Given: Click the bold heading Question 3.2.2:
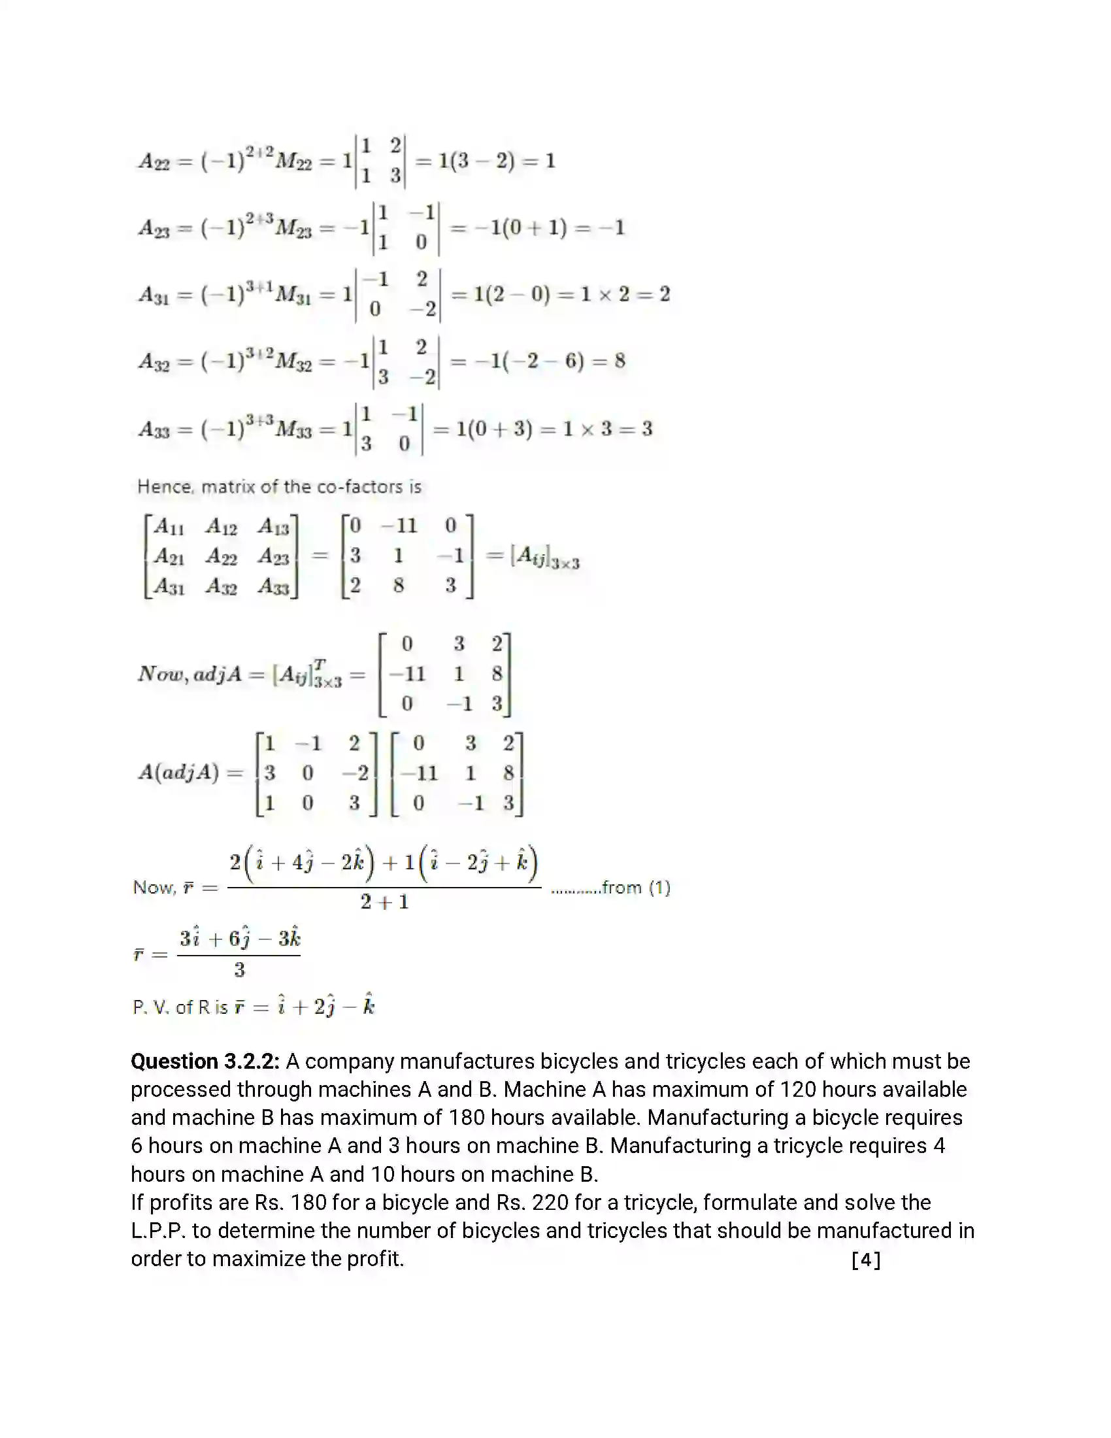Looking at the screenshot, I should (x=205, y=1062).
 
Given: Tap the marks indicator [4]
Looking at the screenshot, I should (x=865, y=1260).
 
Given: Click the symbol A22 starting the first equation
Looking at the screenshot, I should (x=154, y=161).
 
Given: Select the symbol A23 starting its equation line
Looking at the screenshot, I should (x=154, y=229).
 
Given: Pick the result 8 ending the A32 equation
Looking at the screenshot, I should (x=620, y=361).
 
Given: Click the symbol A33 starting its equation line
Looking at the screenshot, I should (x=154, y=429).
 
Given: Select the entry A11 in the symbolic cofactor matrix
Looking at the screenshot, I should (x=169, y=527).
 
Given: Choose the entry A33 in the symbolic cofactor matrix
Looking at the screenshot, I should (x=274, y=586).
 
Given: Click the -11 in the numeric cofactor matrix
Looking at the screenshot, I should (x=399, y=526).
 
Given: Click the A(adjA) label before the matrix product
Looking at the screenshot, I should (x=178, y=773).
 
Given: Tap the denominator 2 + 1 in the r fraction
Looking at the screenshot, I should (x=384, y=902).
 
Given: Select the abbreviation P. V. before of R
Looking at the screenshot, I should (x=152, y=1007).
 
